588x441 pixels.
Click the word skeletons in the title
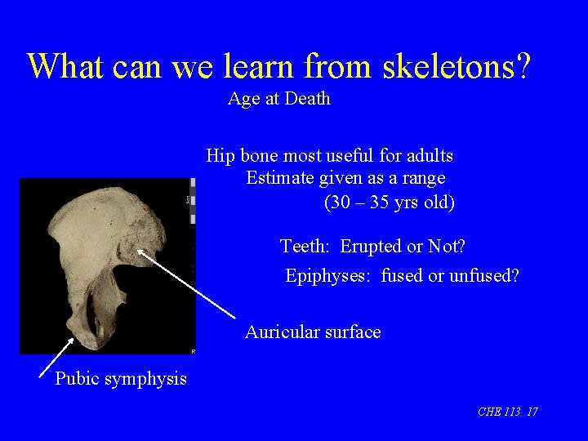coord(441,66)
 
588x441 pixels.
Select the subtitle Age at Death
coord(279,99)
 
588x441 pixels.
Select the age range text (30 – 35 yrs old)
coord(390,202)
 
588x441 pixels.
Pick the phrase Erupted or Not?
coord(403,247)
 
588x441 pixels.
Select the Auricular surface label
coord(313,332)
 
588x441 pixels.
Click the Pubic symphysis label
coord(121,378)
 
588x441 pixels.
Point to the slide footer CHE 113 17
coord(507,412)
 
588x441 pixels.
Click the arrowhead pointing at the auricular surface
coord(140,253)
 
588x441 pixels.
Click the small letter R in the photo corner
coord(193,350)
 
